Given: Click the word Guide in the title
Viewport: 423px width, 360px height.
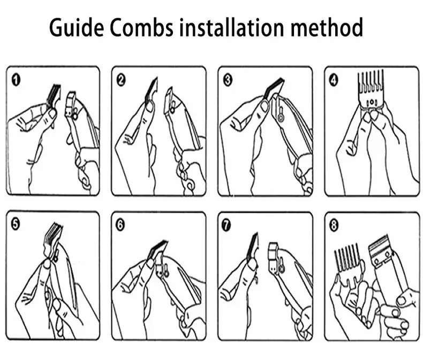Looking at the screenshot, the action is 77,27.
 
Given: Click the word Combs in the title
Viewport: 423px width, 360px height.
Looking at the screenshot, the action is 141,27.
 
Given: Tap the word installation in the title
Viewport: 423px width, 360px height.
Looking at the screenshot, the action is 232,27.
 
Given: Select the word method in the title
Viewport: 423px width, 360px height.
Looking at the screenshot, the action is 327,27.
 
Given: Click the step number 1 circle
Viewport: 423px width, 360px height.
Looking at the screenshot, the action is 16,80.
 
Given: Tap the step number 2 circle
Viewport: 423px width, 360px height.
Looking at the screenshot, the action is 121,80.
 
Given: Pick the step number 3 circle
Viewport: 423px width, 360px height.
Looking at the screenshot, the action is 228,80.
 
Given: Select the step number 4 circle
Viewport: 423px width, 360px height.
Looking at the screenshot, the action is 334,80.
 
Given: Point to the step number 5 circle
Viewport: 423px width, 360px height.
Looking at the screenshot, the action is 16,225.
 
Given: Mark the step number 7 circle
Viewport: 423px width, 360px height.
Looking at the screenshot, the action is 226,225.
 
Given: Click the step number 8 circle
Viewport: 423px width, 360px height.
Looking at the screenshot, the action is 334,225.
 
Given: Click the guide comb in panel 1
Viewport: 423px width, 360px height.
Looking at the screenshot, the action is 54,96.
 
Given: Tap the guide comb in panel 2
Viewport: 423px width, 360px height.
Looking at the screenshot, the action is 151,90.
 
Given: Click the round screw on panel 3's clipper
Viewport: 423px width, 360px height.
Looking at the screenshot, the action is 281,118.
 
